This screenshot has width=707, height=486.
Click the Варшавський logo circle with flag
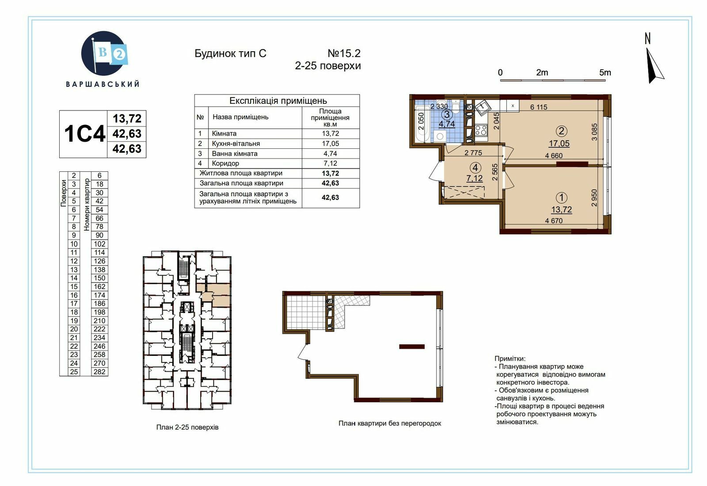(x=104, y=53)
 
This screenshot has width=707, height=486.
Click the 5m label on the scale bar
(x=605, y=72)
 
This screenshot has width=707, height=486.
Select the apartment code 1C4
(x=84, y=134)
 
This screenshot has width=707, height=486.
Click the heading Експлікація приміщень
(x=278, y=101)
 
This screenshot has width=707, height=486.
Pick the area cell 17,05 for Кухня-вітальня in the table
(x=330, y=143)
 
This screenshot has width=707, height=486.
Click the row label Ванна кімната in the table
(x=235, y=154)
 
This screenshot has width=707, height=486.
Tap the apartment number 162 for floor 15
(x=99, y=286)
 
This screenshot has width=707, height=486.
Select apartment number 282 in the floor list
(x=99, y=372)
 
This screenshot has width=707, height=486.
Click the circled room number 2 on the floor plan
(x=561, y=131)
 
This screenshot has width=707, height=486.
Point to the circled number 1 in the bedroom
(x=561, y=198)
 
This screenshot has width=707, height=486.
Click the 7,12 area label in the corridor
(x=475, y=178)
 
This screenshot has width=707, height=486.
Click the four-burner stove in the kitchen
(x=481, y=130)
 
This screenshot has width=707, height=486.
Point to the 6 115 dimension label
(x=539, y=107)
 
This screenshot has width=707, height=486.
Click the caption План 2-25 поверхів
(x=187, y=427)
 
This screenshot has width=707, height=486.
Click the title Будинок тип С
(x=230, y=53)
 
